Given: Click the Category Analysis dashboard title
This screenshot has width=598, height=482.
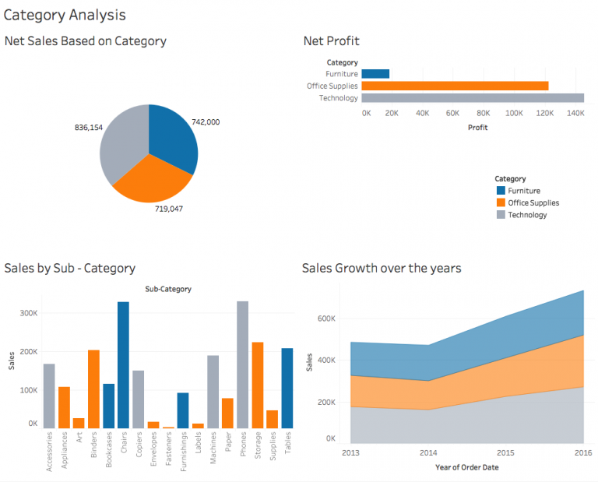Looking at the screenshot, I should (x=64, y=15).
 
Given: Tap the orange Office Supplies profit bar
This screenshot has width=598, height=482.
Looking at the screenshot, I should (x=455, y=86).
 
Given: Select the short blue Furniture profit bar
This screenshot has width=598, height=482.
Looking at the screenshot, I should (x=375, y=74).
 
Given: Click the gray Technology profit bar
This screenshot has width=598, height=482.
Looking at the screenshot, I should (x=473, y=98).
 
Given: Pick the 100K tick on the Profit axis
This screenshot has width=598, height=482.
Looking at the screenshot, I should (x=514, y=113).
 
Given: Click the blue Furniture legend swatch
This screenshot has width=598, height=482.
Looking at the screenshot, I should (x=501, y=191).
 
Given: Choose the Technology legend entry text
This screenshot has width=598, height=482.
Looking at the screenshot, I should (x=527, y=215).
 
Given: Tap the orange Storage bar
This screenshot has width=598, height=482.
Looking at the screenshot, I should (x=257, y=385).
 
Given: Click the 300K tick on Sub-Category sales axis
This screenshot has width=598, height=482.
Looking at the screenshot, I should (x=28, y=311).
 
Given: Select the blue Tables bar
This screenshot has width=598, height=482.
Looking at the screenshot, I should (x=287, y=388).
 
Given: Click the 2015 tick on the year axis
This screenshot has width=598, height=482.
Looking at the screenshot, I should (x=506, y=453).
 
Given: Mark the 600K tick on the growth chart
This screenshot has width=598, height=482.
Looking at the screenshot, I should (x=325, y=318).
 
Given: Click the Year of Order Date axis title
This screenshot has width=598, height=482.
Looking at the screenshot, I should (x=466, y=467).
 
